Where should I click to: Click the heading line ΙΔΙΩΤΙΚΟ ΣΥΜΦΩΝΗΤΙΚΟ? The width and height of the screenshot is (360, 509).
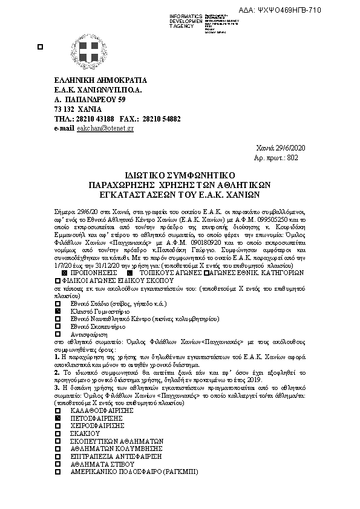[180, 172]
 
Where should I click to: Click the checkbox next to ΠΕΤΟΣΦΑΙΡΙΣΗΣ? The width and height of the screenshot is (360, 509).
[58, 418]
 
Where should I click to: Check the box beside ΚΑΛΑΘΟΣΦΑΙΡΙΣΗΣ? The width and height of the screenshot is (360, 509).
[58, 410]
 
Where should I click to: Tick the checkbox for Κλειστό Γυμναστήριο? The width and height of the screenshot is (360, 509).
[58, 310]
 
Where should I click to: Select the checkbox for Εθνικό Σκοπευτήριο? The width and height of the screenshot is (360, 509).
[58, 325]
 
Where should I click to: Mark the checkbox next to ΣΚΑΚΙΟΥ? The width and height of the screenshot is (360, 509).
[58, 433]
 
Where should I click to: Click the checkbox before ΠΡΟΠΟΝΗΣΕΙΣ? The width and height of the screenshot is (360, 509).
[65, 273]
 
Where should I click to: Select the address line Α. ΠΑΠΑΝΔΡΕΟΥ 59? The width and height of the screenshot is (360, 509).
[90, 99]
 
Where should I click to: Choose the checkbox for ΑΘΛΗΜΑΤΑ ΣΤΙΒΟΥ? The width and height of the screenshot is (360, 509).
[58, 463]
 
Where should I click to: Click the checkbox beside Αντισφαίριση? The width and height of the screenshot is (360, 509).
[58, 333]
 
